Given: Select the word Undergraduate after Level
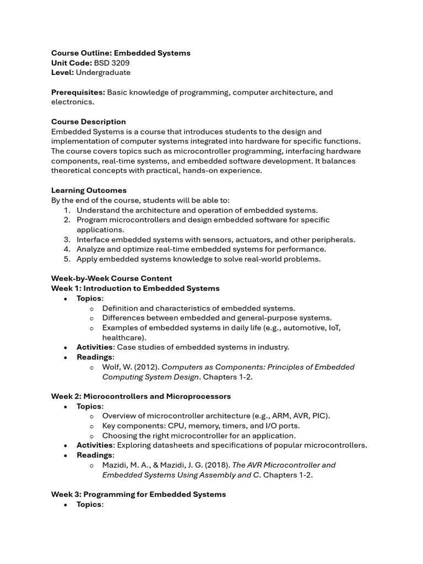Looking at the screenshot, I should pos(103,73).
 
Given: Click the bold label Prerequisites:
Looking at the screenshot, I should pos(78,92).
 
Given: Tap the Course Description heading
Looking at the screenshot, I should pos(88,122).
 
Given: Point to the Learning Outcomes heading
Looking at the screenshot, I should pos(89,191).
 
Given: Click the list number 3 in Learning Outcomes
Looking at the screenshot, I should pos(66,240).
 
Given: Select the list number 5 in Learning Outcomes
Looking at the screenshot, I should pos(66,259).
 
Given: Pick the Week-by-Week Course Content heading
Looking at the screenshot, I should pos(111,279).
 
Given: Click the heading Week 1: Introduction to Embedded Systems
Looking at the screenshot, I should pos(135,289).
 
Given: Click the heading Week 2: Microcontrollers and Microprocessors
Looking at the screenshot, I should pos(141,397).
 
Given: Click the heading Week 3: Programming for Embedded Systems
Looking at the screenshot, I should pos(138,495).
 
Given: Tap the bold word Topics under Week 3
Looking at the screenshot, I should pos(89,505).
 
